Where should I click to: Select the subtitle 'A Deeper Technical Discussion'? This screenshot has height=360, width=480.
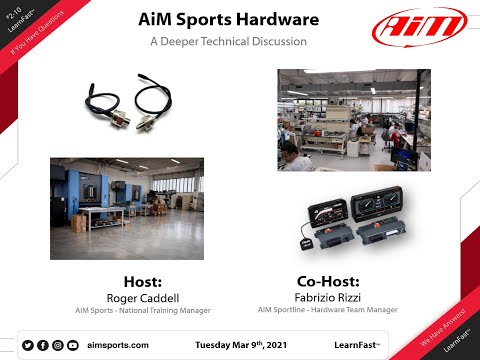[x=228, y=42]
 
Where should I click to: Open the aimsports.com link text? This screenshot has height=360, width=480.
[x=118, y=345]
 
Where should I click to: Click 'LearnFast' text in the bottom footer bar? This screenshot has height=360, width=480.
[x=354, y=345]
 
